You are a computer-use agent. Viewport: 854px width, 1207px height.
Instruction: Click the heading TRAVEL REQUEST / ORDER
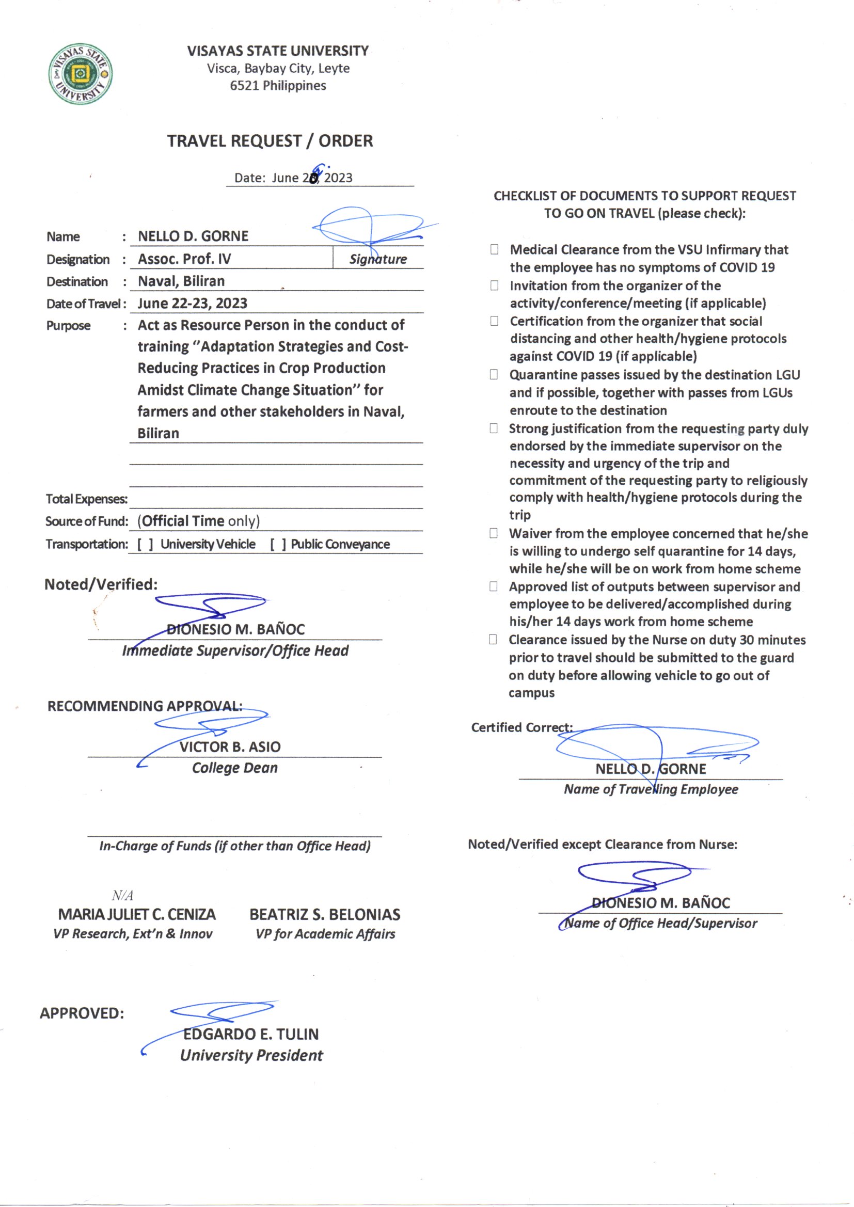click(x=270, y=141)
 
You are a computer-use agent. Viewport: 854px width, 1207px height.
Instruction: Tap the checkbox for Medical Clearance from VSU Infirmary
click(x=494, y=249)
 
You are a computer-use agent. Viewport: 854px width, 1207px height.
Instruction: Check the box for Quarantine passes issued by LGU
click(x=493, y=374)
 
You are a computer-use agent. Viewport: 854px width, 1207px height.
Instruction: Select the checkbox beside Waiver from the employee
click(x=493, y=533)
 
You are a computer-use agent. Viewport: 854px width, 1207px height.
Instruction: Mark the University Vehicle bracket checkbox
click(x=145, y=544)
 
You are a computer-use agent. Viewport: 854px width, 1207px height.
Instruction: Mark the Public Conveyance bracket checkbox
click(x=278, y=544)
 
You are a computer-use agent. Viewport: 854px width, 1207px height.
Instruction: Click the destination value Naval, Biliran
click(x=181, y=281)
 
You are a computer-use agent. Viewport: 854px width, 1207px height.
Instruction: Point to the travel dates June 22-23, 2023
click(x=192, y=304)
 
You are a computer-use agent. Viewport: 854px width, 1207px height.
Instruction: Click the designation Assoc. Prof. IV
click(x=184, y=259)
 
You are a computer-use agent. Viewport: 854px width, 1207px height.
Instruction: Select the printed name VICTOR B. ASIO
click(x=230, y=747)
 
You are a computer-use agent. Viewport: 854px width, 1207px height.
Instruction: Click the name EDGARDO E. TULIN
click(x=251, y=1034)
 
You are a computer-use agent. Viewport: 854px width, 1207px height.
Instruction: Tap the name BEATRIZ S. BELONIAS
click(x=324, y=914)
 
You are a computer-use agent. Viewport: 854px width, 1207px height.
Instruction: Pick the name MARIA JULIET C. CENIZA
click(x=137, y=914)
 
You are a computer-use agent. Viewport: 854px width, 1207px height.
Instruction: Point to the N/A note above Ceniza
click(x=122, y=895)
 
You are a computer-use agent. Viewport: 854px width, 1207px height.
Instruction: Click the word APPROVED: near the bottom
click(x=82, y=1013)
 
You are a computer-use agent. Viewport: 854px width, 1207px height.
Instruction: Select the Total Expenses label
click(x=86, y=499)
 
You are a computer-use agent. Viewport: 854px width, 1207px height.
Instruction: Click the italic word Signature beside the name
click(x=378, y=259)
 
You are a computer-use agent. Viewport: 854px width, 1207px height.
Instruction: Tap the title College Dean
click(x=234, y=768)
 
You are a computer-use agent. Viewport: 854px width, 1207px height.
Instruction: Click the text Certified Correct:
click(x=521, y=727)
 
